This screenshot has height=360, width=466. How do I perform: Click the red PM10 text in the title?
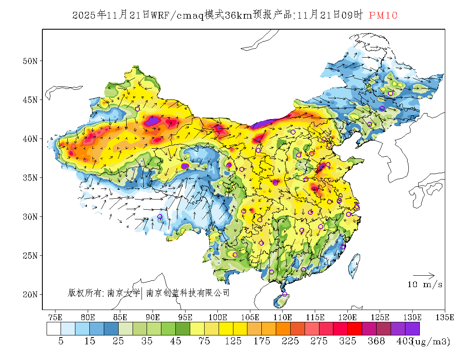(383, 16)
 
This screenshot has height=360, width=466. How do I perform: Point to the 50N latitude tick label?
(30, 61)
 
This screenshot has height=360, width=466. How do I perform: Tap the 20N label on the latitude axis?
(30, 294)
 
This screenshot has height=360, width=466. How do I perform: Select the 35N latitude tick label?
(30, 177)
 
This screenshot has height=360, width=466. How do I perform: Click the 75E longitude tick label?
(55, 317)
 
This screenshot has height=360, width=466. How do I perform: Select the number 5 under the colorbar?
(61, 341)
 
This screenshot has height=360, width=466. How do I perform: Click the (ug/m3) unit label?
(431, 341)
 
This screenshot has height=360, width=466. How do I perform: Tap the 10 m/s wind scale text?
(425, 285)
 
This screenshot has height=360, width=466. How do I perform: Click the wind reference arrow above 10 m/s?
(424, 276)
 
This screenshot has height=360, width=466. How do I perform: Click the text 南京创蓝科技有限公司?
(188, 293)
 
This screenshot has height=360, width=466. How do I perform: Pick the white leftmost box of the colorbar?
(54, 329)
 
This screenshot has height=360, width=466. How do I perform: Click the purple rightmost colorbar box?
(412, 329)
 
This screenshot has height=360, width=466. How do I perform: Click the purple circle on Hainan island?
(285, 294)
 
